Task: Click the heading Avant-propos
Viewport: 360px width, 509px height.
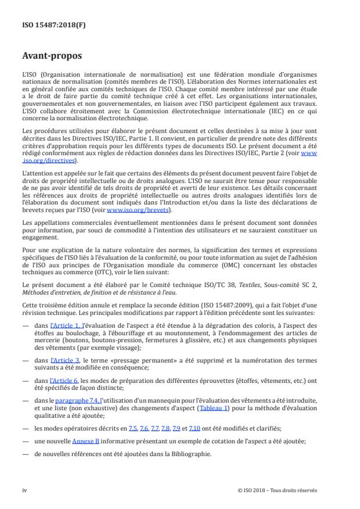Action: click(52, 56)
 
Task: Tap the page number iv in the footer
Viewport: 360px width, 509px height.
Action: click(24, 490)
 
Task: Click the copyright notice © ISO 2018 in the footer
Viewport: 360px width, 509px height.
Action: click(277, 490)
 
